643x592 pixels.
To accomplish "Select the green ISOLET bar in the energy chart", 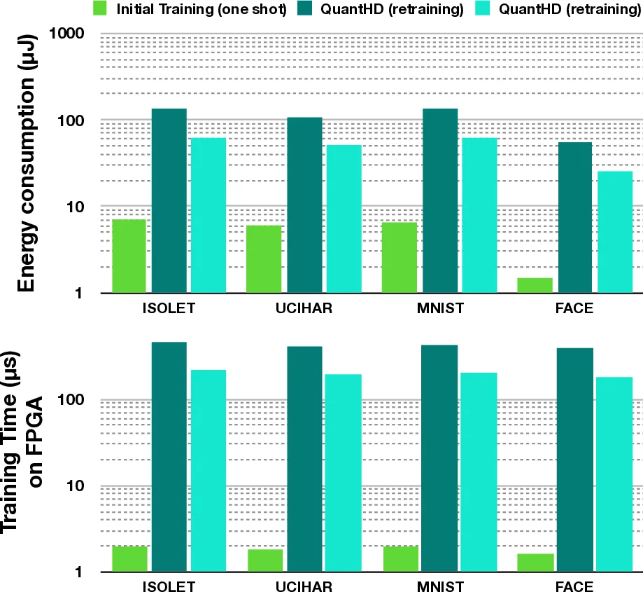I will click(x=129, y=256).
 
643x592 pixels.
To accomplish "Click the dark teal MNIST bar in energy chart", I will click(x=440, y=200).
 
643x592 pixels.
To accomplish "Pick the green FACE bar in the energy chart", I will click(x=535, y=285).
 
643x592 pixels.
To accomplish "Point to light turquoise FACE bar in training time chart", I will click(x=614, y=474).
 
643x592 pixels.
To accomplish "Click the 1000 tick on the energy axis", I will click(x=67, y=34).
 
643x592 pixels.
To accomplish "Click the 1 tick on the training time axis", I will click(x=80, y=572).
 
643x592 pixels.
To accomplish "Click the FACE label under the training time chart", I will click(x=573, y=587).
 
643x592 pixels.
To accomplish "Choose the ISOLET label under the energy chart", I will click(x=169, y=308).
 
